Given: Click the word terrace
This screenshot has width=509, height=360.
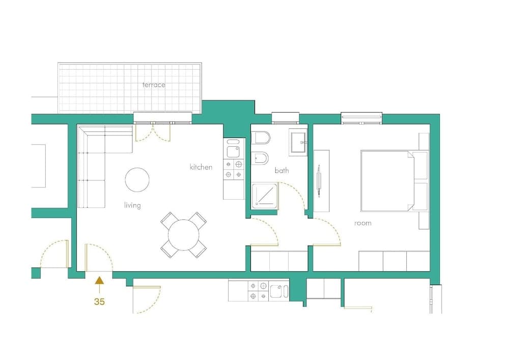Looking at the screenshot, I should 154,85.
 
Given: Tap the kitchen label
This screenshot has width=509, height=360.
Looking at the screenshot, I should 201,167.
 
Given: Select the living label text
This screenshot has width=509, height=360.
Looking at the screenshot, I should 132,205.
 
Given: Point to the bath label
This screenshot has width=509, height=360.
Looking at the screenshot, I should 281,171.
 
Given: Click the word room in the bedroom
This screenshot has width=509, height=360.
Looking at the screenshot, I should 363,223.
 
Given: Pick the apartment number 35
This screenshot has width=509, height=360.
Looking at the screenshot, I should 99,301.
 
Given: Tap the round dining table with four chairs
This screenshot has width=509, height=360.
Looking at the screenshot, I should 184,234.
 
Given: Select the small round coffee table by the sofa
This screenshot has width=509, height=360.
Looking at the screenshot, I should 137,180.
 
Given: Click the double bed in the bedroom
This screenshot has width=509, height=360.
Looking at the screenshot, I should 389,180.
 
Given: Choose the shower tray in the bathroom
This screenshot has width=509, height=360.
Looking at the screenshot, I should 265,197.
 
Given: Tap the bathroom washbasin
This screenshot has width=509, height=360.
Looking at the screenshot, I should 298,142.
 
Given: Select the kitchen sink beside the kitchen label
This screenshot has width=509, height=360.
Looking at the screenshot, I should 233,151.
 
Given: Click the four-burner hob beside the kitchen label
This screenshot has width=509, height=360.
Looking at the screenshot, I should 233,170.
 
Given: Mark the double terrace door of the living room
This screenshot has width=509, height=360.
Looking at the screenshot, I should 153,131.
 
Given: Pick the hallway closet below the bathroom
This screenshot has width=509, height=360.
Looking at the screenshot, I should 279,261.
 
